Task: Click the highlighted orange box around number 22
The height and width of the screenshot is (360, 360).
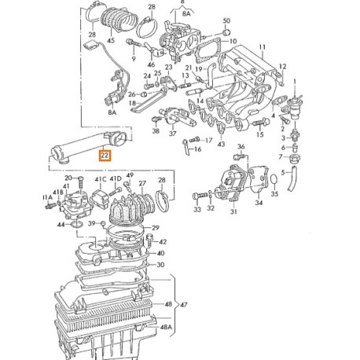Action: (105, 156)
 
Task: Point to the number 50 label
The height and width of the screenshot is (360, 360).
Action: (226, 21)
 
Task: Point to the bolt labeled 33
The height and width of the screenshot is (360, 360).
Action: (197, 211)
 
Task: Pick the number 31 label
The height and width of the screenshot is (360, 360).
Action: (232, 211)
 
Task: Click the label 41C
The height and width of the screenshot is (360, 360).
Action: (101, 180)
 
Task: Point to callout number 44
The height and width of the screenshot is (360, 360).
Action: (61, 225)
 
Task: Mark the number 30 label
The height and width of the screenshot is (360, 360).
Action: (161, 265)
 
